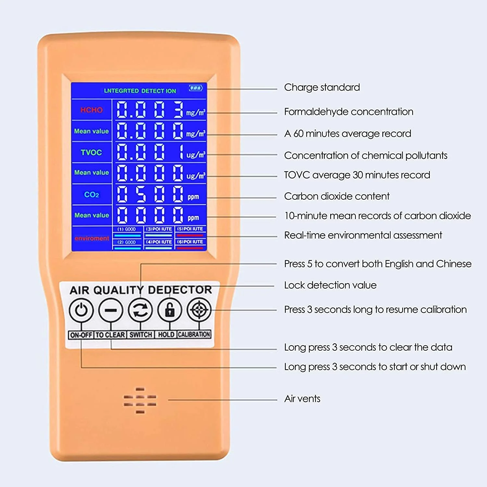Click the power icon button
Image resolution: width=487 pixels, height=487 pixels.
click(x=81, y=310)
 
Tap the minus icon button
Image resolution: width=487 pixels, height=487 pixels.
click(x=111, y=310)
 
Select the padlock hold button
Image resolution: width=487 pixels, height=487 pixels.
click(x=170, y=310)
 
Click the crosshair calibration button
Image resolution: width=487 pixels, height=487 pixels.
click(x=199, y=310)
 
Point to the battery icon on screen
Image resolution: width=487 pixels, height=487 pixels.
click(x=195, y=88)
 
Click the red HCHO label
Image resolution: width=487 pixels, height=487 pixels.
click(x=91, y=110)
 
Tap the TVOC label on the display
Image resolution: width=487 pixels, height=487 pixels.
click(x=91, y=153)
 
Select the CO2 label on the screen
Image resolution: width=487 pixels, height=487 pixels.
click(x=91, y=195)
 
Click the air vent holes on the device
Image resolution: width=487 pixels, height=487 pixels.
click(x=140, y=401)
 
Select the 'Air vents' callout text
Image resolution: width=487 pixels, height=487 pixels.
click(x=302, y=399)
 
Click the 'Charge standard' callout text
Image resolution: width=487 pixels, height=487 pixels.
click(x=322, y=87)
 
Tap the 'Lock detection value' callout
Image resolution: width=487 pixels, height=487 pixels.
click(x=330, y=285)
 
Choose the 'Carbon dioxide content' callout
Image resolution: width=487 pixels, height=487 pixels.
click(x=337, y=196)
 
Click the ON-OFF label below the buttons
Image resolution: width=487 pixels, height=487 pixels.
click(x=81, y=335)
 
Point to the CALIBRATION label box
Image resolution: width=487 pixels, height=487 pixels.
click(x=194, y=334)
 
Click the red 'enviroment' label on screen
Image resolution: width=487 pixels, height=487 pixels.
click(x=92, y=238)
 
